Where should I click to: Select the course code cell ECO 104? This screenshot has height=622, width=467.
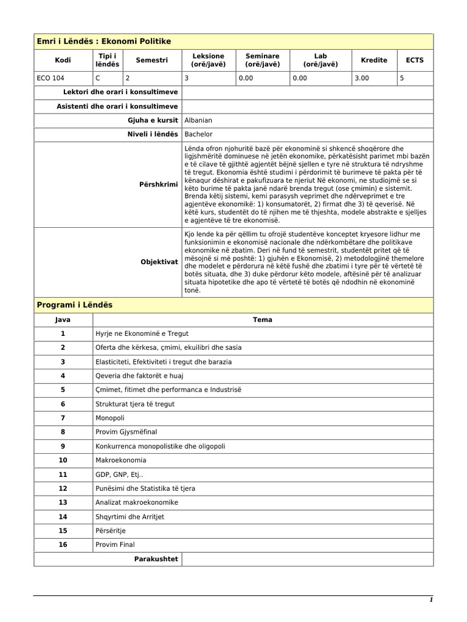pyautogui.click(x=50, y=78)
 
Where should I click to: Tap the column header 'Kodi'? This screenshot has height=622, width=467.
pyautogui.click(x=63, y=60)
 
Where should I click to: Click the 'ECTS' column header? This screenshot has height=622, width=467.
pyautogui.click(x=415, y=60)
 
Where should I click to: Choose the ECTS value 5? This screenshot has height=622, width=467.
pyautogui.click(x=403, y=78)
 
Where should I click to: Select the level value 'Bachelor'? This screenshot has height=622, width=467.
pyautogui.click(x=198, y=134)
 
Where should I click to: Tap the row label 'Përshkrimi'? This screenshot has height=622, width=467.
pyautogui.click(x=159, y=184)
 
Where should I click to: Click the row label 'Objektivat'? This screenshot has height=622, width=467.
pyautogui.click(x=159, y=262)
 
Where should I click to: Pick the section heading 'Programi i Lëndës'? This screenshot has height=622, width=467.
pyautogui.click(x=75, y=305)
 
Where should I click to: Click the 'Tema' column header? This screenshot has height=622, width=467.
pyautogui.click(x=263, y=320)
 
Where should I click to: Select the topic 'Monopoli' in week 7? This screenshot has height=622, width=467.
pyautogui.click(x=110, y=418)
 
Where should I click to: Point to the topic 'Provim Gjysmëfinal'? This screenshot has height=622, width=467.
pyautogui.click(x=126, y=432)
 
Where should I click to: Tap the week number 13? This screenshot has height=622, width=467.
pyautogui.click(x=63, y=502)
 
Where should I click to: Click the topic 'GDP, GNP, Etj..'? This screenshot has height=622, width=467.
pyautogui.click(x=120, y=474)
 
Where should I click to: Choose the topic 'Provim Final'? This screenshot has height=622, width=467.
pyautogui.click(x=116, y=545)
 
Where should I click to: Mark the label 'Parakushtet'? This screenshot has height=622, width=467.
pyautogui.click(x=156, y=559)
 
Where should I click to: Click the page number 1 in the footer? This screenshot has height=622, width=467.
pyautogui.click(x=431, y=600)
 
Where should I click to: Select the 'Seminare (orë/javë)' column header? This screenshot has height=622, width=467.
pyautogui.click(x=262, y=60)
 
